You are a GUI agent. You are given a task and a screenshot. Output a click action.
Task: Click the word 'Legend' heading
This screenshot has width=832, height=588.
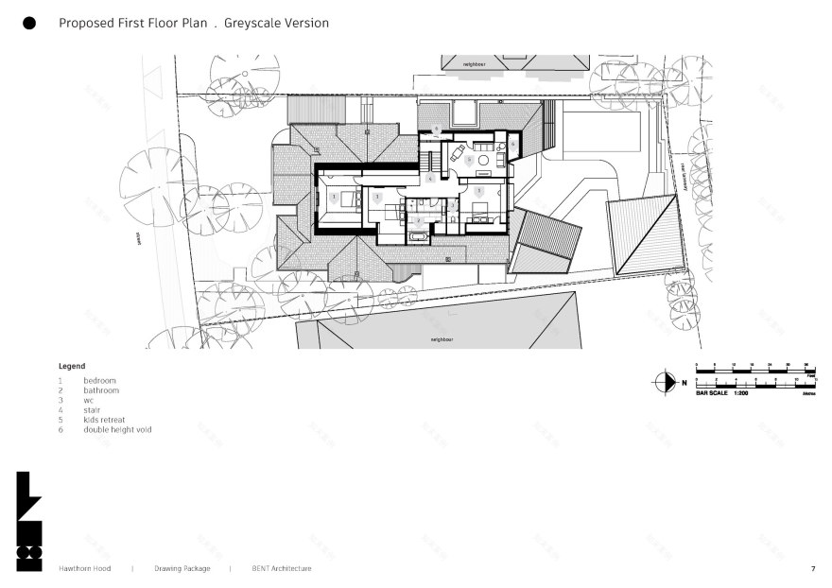72,366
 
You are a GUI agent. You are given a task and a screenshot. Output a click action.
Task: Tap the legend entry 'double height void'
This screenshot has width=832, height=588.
117,429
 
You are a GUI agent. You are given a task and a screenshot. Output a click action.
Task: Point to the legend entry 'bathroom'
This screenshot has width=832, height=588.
101,389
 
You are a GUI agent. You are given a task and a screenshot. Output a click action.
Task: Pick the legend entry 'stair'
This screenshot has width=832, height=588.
93,409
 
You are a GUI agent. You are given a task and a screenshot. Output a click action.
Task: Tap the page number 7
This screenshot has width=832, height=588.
812,569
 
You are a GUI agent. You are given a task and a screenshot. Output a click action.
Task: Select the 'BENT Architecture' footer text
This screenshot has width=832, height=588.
281,569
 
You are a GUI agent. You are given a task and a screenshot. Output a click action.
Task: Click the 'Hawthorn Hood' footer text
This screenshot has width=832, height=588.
84,569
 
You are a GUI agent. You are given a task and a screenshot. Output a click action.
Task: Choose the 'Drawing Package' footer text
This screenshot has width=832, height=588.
181,569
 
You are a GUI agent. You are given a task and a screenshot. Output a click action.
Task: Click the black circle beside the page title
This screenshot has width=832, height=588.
29,24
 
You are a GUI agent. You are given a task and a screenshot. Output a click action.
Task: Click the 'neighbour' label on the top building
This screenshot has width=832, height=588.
473,64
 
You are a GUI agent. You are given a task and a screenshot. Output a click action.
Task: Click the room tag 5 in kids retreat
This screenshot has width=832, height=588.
468,160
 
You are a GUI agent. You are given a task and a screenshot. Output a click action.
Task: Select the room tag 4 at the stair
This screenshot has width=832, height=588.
430,178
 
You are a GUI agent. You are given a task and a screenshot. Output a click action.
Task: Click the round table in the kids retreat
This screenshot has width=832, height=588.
484,162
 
